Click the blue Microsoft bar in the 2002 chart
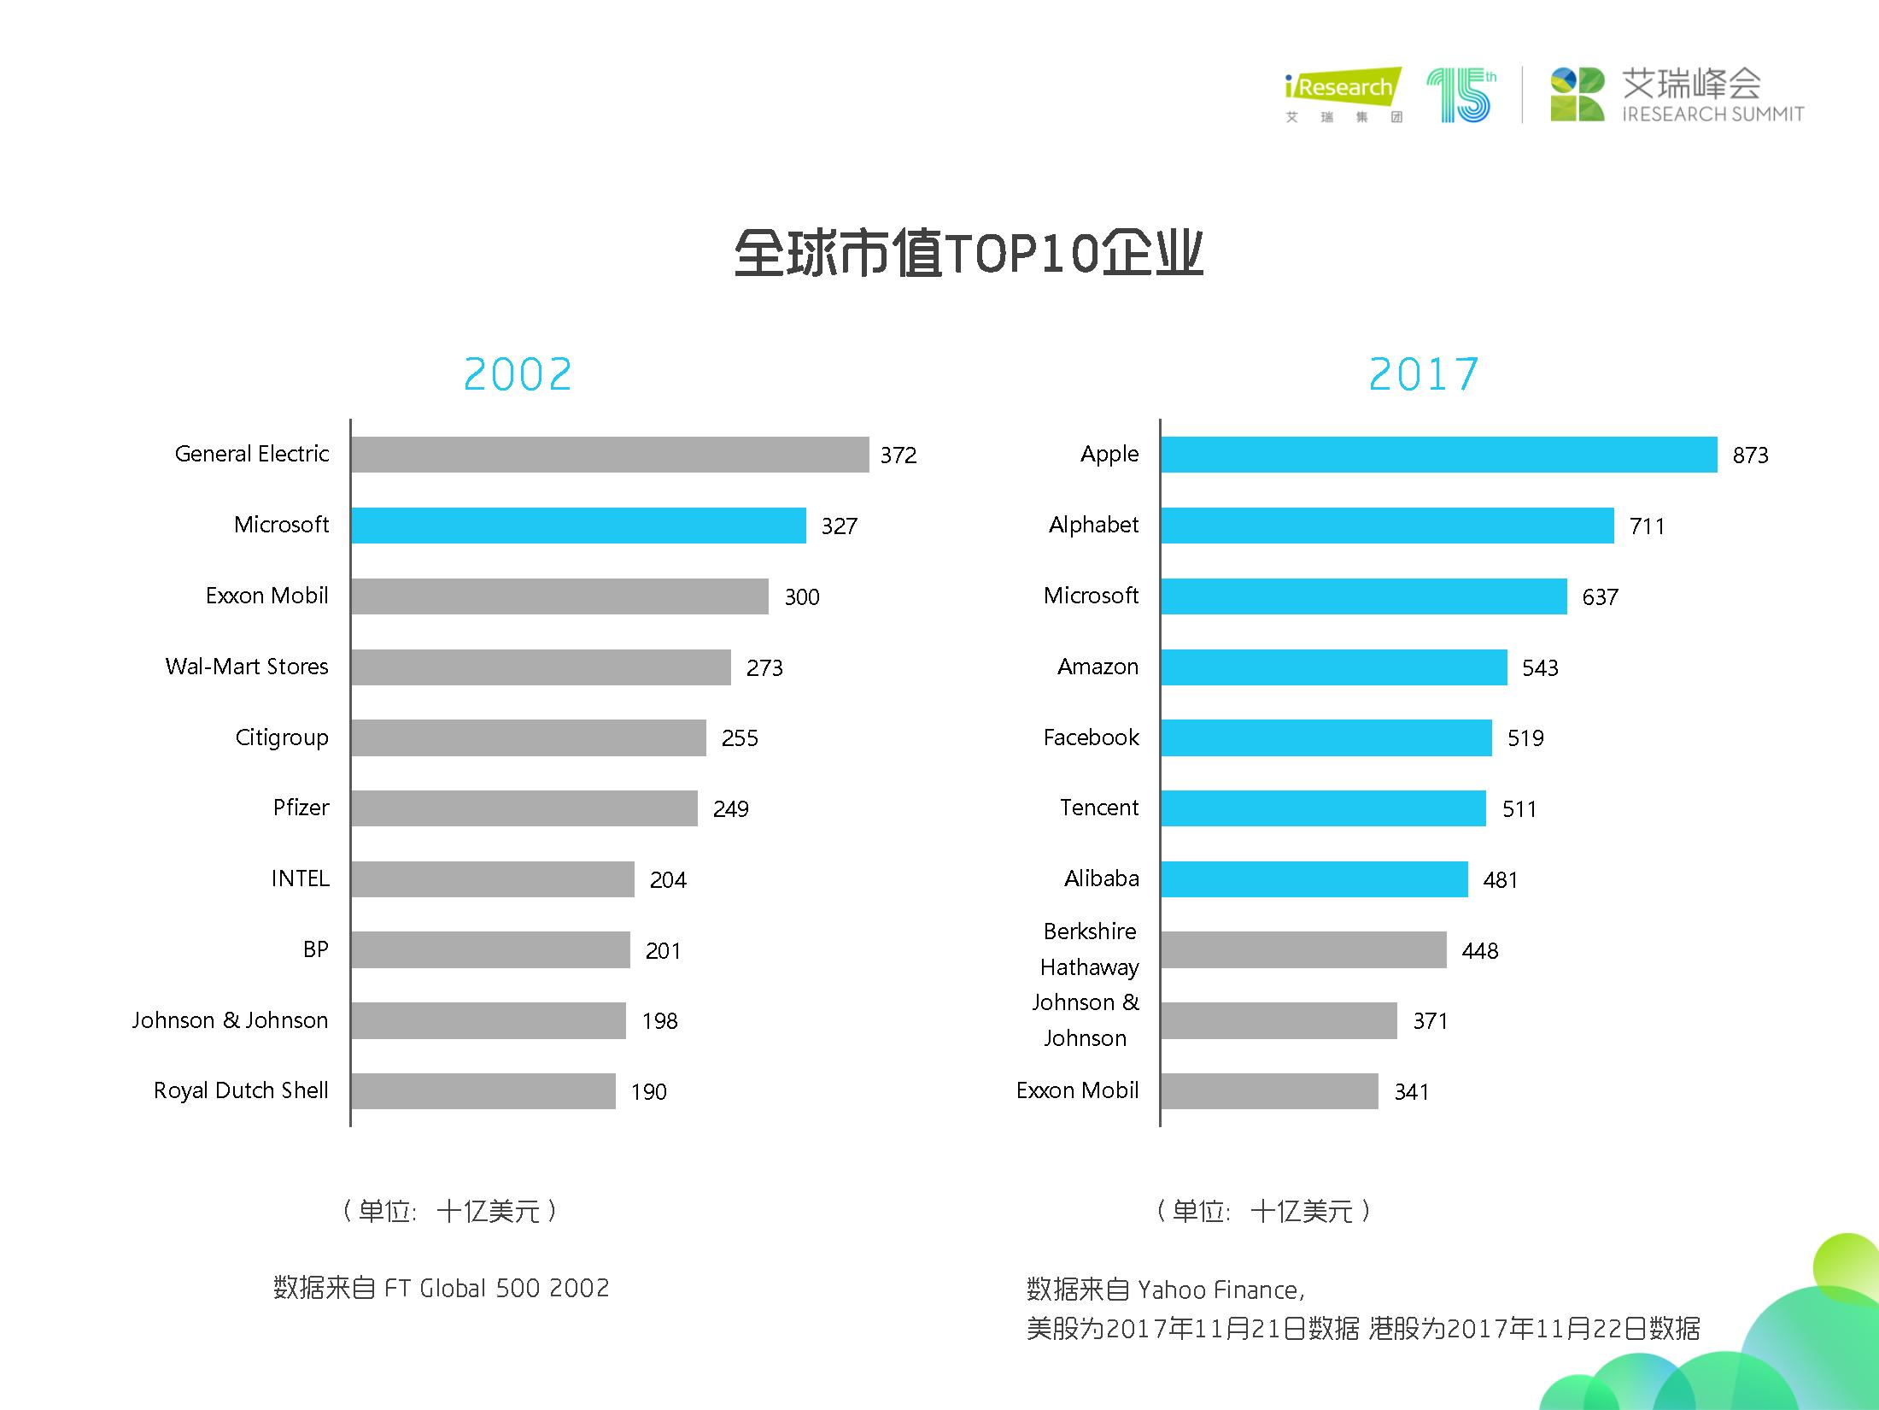[x=578, y=526]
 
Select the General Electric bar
[x=609, y=455]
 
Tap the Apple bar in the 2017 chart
[x=1438, y=455]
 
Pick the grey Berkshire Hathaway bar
[x=1303, y=950]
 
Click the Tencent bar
[x=1323, y=808]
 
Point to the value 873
[x=1750, y=455]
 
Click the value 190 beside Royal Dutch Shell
[x=649, y=1092]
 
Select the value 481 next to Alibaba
[x=1501, y=880]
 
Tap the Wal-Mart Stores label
[x=247, y=667]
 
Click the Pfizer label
[x=301, y=808]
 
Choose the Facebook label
[x=1091, y=737]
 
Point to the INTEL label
[x=300, y=878]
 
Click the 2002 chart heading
[x=518, y=374]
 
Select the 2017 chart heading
[x=1424, y=374]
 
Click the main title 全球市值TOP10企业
[x=969, y=253]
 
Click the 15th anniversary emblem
[x=1461, y=94]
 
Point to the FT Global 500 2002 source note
[x=442, y=1288]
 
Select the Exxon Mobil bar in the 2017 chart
[x=1269, y=1091]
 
